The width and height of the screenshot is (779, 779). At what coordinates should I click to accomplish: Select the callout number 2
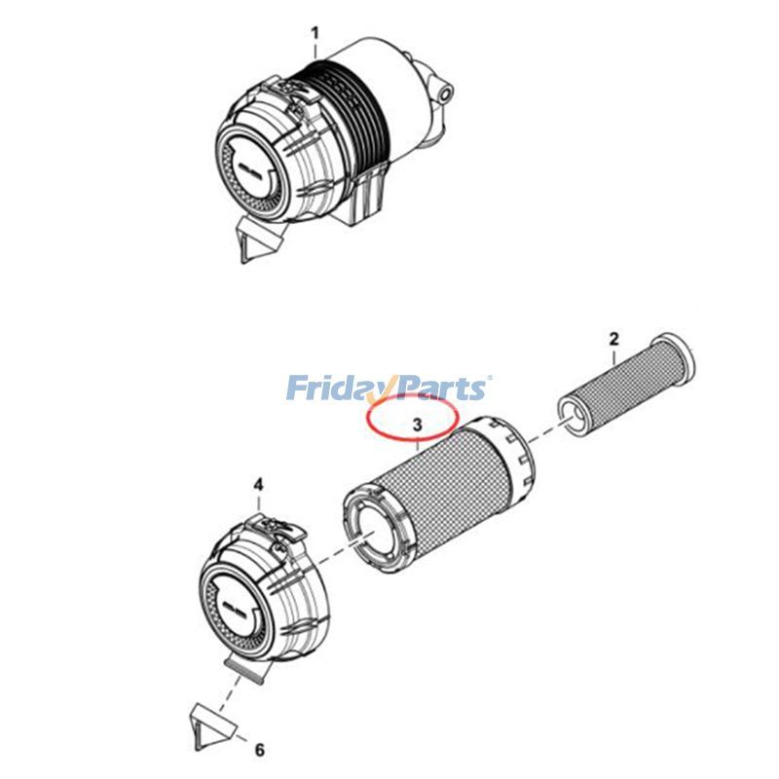[x=613, y=339]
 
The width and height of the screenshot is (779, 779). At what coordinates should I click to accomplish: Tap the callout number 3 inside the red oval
[x=416, y=426]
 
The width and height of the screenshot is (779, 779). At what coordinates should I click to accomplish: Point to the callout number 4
[x=258, y=484]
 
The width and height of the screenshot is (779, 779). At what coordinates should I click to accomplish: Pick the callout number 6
[x=259, y=750]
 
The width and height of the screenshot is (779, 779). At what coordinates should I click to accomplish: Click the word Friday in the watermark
[x=332, y=389]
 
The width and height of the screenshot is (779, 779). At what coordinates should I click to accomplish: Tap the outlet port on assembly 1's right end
[x=444, y=92]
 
